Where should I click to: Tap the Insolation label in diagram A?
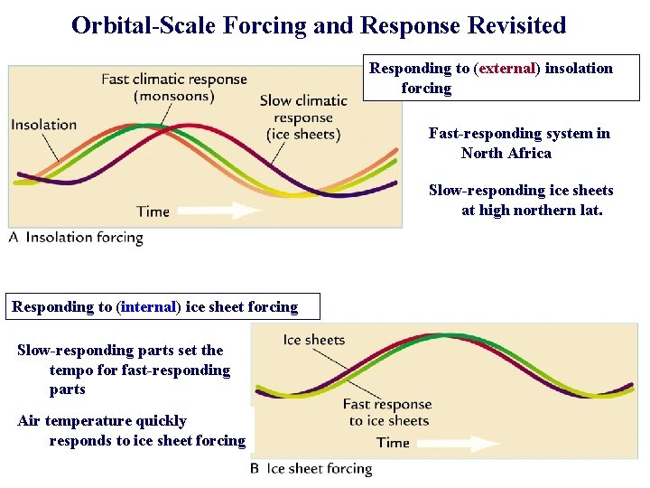[44, 125]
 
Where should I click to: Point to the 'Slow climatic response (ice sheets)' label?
[302, 117]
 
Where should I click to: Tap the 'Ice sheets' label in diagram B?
[314, 340]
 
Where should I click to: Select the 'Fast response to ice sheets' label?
[387, 412]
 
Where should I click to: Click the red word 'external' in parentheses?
[506, 69]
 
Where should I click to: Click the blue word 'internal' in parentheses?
[149, 307]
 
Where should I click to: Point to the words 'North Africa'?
[506, 153]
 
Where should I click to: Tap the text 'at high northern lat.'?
[532, 210]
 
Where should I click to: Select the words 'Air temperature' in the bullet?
[75, 421]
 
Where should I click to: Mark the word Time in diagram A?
[153, 211]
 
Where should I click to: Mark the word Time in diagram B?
[393, 443]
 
